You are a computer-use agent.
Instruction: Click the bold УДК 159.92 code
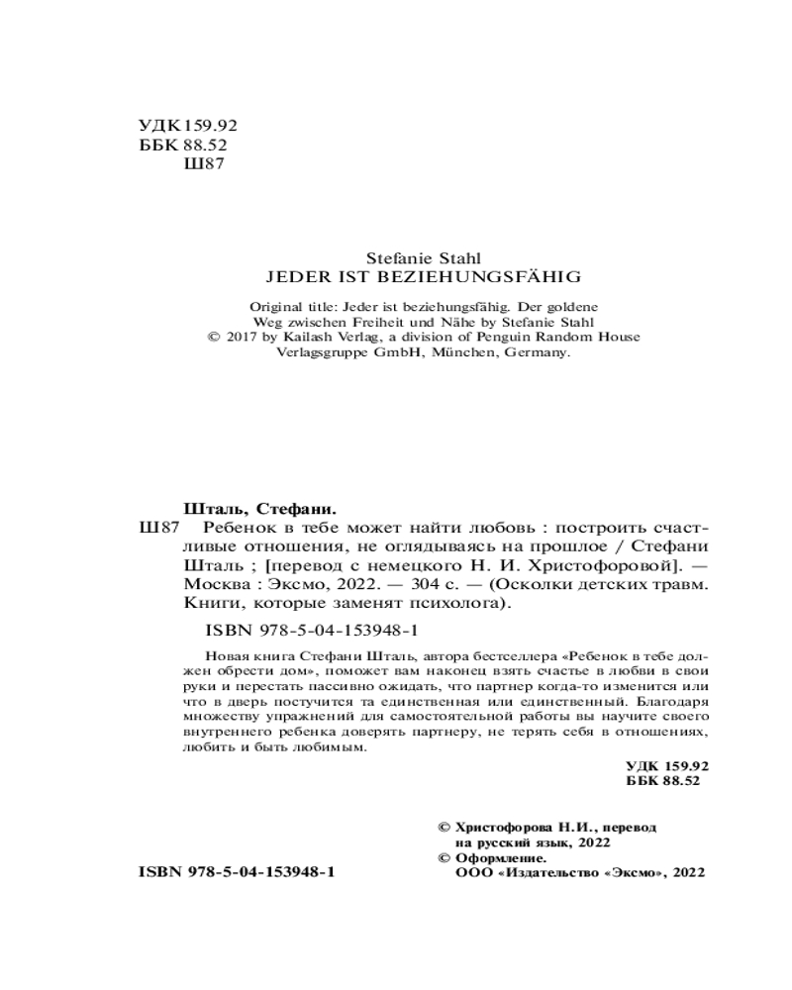(668, 768)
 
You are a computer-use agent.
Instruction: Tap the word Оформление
(501, 857)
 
